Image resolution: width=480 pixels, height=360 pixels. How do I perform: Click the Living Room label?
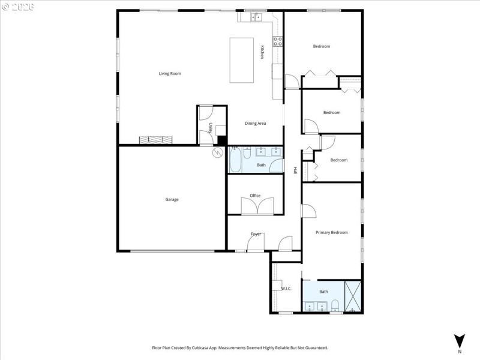[x=170, y=74]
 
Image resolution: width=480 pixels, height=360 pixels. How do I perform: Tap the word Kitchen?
[x=262, y=53]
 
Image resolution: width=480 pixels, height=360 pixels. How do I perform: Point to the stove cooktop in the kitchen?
[x=278, y=41]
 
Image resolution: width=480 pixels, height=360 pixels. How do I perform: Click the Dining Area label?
[x=255, y=124]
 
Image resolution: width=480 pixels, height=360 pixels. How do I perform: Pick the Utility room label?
[x=210, y=128]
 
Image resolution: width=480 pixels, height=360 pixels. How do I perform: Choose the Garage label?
[x=172, y=200]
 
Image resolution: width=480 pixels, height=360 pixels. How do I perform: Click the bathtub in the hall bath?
[x=235, y=160]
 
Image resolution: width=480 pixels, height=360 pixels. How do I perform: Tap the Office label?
[x=255, y=196]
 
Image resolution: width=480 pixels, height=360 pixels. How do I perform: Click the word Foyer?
[x=256, y=234]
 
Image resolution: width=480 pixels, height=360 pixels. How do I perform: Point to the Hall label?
[x=295, y=170]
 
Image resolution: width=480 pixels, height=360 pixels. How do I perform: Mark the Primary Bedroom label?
[x=332, y=232]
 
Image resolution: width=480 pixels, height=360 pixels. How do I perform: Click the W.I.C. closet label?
[x=286, y=289]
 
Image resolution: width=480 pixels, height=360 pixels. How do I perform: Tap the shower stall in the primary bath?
[x=352, y=296]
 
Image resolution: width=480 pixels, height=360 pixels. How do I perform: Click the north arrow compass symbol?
[x=460, y=340]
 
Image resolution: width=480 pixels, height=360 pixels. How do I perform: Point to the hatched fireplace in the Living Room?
[x=156, y=140]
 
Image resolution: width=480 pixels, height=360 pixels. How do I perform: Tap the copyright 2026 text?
[x=19, y=7]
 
